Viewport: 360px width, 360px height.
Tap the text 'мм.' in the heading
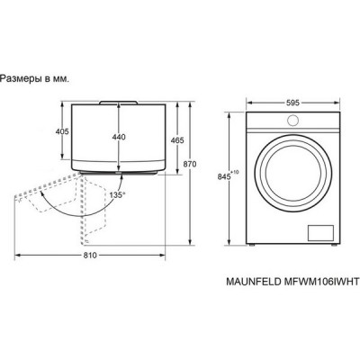[x=61, y=78]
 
